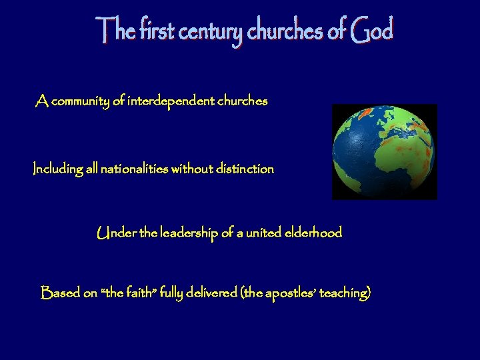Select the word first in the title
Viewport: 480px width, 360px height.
[x=149, y=31]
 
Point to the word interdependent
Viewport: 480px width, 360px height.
[x=171, y=102]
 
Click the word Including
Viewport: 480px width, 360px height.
[x=57, y=169]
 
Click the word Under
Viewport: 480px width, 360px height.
[x=113, y=233]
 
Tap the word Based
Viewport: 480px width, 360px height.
[x=59, y=293]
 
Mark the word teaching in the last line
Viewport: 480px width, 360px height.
[x=345, y=293]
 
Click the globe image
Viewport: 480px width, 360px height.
[x=385, y=152]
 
